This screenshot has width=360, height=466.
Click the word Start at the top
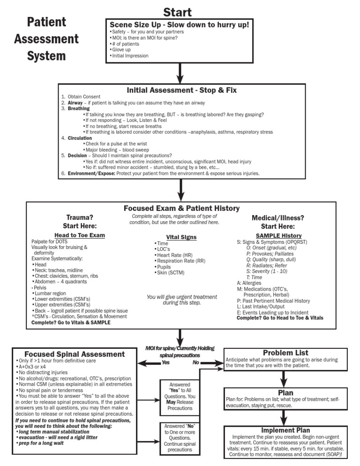click(x=178, y=12)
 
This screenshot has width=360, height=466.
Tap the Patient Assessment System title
click(x=46, y=38)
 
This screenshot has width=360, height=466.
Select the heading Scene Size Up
click(x=135, y=25)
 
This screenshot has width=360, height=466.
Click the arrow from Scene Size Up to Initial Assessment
click(x=180, y=73)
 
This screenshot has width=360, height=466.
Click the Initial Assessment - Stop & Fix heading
click(x=181, y=90)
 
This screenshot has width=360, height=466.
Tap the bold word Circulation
click(x=80, y=138)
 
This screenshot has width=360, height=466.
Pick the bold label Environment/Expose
click(x=91, y=173)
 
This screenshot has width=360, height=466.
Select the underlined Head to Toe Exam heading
click(x=80, y=235)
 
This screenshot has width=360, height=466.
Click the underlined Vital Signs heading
click(x=181, y=237)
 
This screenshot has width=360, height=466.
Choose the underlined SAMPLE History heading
click(x=278, y=236)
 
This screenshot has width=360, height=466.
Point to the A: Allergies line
click(x=249, y=283)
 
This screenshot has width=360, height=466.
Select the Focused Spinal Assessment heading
click(x=75, y=354)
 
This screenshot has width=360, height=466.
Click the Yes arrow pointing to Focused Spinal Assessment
click(x=149, y=362)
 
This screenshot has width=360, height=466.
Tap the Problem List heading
click(x=285, y=353)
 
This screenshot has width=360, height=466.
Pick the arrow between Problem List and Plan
click(x=284, y=379)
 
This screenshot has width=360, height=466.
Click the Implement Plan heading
click(x=285, y=430)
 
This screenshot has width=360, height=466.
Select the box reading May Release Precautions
click(x=180, y=398)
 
